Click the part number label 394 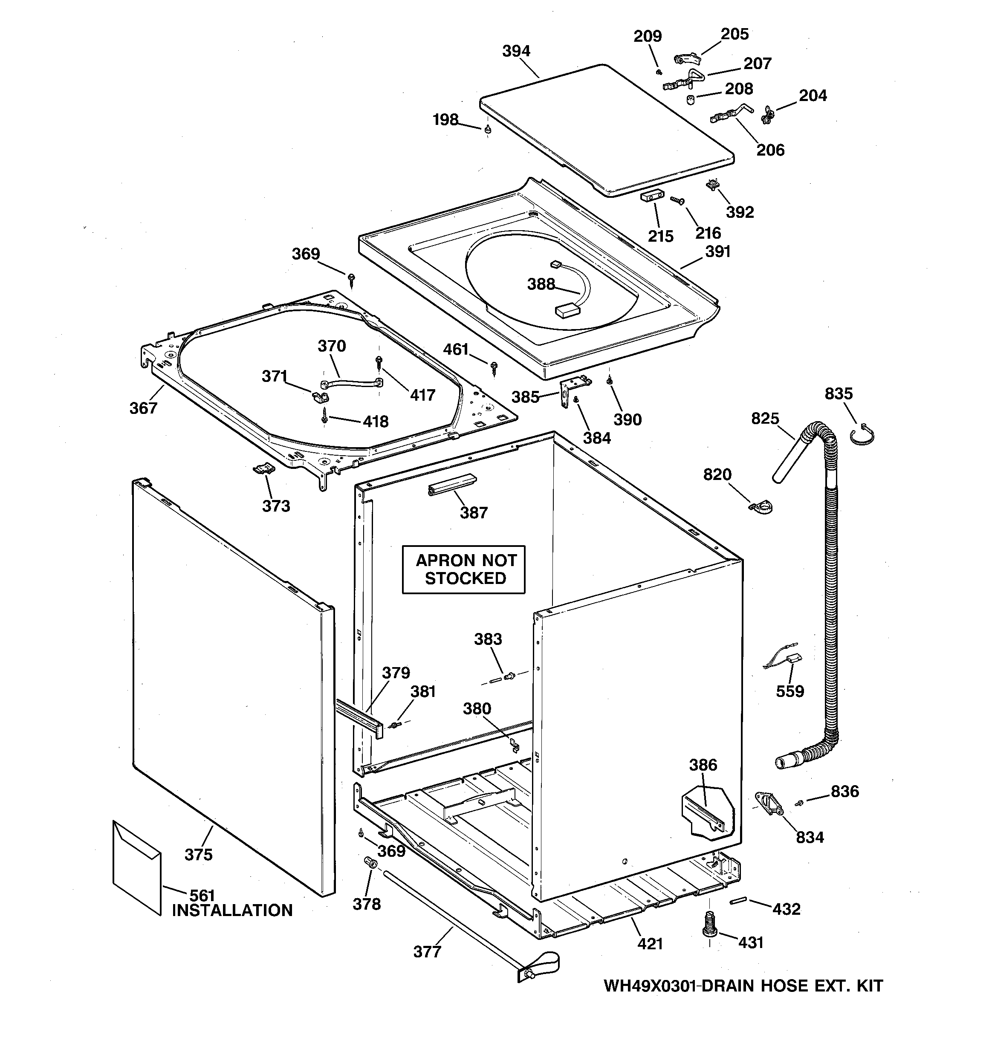516,52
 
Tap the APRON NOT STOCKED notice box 463,569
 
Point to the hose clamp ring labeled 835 862,435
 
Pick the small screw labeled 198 487,129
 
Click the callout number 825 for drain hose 765,419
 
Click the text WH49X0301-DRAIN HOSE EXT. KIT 743,986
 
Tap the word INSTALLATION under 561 232,910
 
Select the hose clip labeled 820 762,507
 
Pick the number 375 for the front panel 199,854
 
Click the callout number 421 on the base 650,944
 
